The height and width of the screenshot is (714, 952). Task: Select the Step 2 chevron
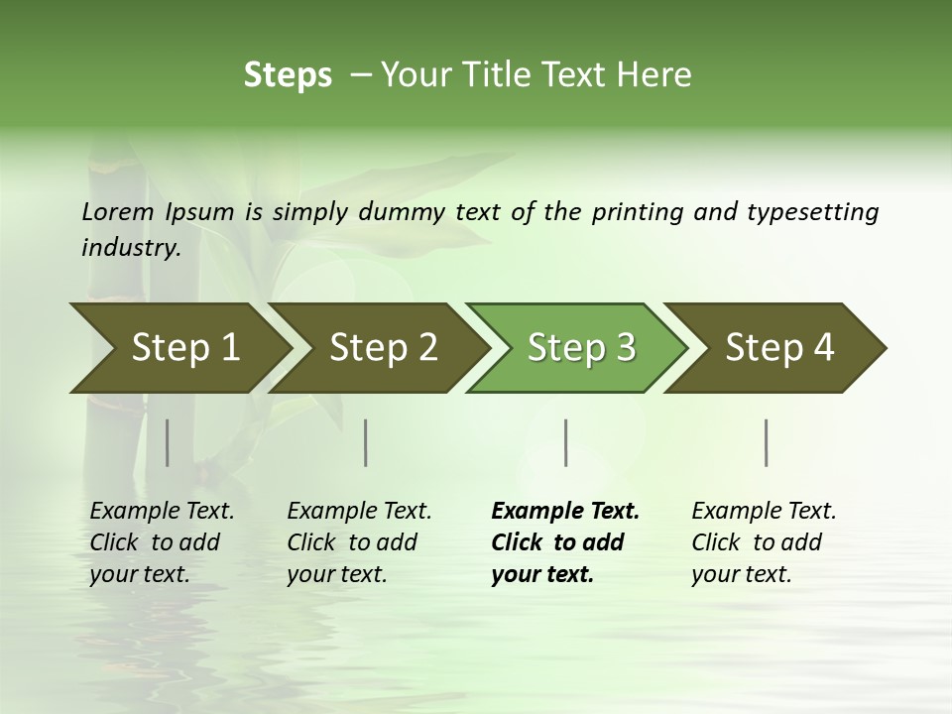382,348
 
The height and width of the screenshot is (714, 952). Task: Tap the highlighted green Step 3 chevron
580,348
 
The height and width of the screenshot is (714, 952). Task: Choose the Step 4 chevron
778,348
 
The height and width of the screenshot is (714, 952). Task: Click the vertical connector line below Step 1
167,442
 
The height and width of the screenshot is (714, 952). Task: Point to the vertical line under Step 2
366,442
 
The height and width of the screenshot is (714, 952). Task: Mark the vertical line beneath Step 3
565,442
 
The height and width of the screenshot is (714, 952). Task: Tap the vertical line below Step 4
766,442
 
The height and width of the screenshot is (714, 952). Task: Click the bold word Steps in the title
288,75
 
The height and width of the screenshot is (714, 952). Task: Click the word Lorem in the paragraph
118,211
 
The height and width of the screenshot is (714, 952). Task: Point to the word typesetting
813,211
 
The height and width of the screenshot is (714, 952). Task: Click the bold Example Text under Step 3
565,512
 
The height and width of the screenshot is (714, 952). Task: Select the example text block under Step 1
162,542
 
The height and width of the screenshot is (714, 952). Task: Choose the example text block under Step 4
764,542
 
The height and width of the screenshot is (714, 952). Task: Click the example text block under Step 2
359,542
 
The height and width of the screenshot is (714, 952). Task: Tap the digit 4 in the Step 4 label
823,348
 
